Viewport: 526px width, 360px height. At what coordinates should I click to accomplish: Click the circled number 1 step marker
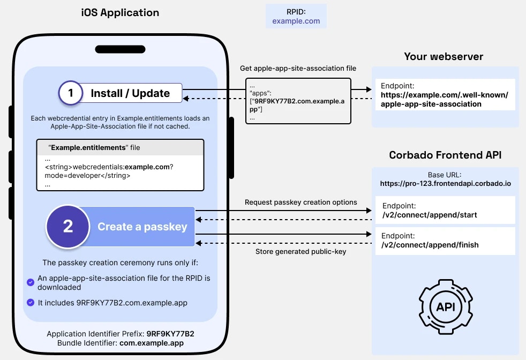(70, 93)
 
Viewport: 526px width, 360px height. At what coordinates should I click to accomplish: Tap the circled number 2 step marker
(68, 227)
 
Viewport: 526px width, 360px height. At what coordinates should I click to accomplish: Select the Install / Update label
(130, 93)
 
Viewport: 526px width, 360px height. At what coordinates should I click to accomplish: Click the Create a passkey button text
(142, 227)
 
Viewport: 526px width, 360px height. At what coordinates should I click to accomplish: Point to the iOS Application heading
(120, 12)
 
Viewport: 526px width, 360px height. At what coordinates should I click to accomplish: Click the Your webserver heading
(444, 56)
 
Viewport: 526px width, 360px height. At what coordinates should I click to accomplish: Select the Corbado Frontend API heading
(445, 155)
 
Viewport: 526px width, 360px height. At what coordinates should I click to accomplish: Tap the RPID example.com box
(296, 16)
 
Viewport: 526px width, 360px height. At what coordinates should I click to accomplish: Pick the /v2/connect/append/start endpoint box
(445, 210)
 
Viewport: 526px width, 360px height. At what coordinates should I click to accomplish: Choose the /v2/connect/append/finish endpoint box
(445, 241)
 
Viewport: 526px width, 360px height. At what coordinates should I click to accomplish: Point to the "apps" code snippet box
(298, 101)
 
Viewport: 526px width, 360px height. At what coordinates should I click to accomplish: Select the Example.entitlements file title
(95, 147)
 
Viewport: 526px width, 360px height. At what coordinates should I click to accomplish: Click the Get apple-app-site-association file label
(298, 69)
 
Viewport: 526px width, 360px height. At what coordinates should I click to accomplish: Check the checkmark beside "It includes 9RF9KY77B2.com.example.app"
(31, 303)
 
